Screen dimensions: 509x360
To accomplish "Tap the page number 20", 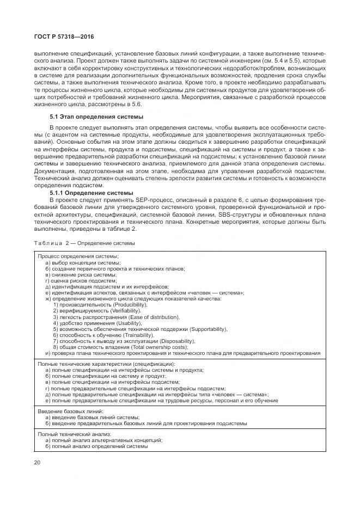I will (x=38, y=462).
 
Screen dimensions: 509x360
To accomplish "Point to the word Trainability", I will (x=131, y=335).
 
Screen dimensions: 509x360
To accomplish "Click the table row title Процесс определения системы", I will (x=78, y=256).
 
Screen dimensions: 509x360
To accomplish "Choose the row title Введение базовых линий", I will (x=70, y=412).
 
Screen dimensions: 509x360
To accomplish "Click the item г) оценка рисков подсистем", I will (x=81, y=280).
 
